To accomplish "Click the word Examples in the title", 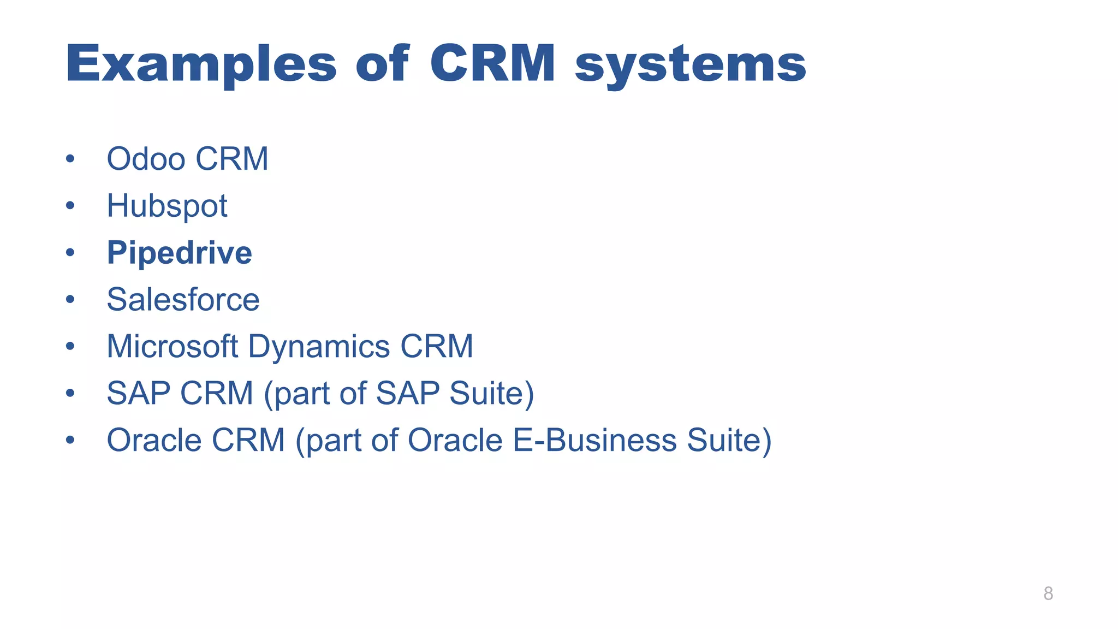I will pyautogui.click(x=201, y=64).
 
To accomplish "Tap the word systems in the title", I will pyautogui.click(x=691, y=64).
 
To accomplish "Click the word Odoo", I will pyautogui.click(x=146, y=159).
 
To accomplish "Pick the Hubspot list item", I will pyautogui.click(x=166, y=206).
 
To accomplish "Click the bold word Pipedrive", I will pyautogui.click(x=179, y=253).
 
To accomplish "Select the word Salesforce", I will pyautogui.click(x=183, y=300).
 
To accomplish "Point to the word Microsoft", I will pyautogui.click(x=172, y=346).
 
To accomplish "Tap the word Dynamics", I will pyautogui.click(x=319, y=347).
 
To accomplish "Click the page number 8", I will pyautogui.click(x=1048, y=594).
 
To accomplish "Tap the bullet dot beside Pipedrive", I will pyautogui.click(x=70, y=253).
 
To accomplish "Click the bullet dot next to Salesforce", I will pyautogui.click(x=70, y=300).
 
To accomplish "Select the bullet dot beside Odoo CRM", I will pyautogui.click(x=70, y=159).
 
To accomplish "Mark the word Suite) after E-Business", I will pyautogui.click(x=729, y=440).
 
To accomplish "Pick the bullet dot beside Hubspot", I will pyautogui.click(x=70, y=206).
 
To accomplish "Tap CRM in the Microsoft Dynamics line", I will pyautogui.click(x=437, y=346).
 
